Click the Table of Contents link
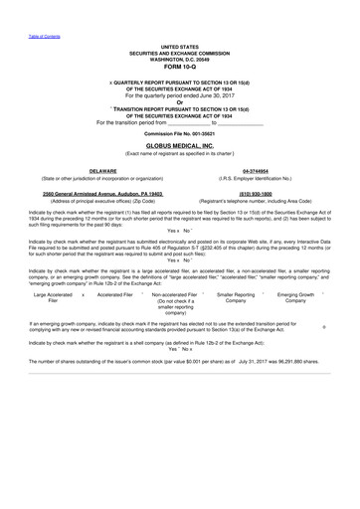(43, 36)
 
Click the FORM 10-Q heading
(179, 66)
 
